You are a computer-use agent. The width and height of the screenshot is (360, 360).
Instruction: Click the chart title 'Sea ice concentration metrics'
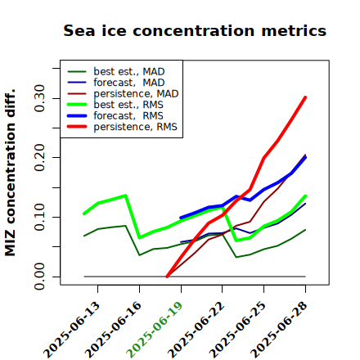pos(195,30)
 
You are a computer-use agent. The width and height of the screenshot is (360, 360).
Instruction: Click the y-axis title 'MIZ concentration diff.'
pos(10,173)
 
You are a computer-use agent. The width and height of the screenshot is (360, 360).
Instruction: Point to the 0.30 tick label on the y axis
pos(39,98)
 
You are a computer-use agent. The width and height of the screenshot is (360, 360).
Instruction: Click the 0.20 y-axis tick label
pos(39,157)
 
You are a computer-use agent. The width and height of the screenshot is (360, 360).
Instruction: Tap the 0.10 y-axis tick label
pos(39,217)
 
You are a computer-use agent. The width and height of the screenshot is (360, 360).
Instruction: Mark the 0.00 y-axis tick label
pos(39,277)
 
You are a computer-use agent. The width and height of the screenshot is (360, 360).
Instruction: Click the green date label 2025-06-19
pos(155,330)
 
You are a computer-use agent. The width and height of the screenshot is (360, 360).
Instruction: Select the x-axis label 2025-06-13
pos(71,330)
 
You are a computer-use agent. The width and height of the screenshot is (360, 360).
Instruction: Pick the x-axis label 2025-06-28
pos(279,330)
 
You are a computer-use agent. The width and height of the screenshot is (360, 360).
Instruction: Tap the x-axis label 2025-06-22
pos(196,330)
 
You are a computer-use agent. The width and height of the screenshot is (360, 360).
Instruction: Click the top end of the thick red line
pos(305,97)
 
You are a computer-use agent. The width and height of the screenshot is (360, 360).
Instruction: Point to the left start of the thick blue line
pos(181,218)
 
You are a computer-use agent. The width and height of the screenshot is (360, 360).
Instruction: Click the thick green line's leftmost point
pos(83,214)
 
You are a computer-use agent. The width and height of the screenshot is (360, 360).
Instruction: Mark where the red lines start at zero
pos(167,277)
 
